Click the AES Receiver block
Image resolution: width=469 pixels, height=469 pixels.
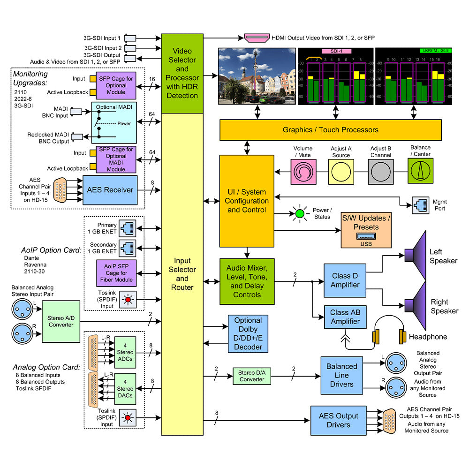[110, 190]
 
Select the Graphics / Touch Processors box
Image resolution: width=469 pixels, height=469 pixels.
[331, 130]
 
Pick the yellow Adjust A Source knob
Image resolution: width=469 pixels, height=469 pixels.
[341, 172]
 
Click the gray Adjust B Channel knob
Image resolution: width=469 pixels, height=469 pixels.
[381, 172]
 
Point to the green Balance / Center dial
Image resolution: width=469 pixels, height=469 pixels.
[420, 172]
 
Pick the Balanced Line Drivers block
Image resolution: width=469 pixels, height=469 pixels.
[341, 375]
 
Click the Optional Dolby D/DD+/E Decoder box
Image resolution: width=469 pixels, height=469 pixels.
[248, 333]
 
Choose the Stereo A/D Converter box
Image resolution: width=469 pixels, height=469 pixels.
[61, 321]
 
